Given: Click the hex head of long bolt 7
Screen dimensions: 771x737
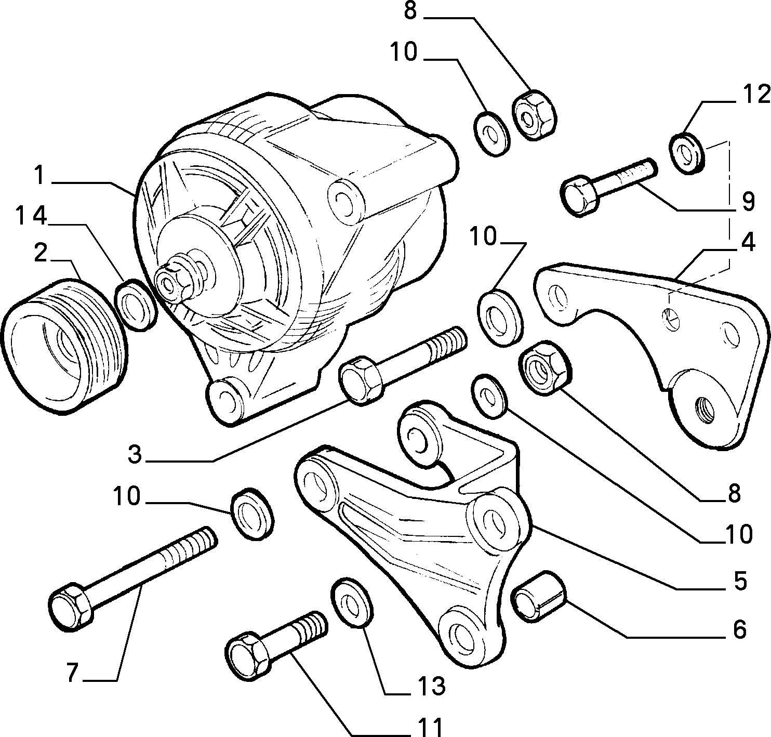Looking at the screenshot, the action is (x=71, y=607).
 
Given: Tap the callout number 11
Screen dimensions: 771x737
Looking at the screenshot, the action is (x=430, y=727).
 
